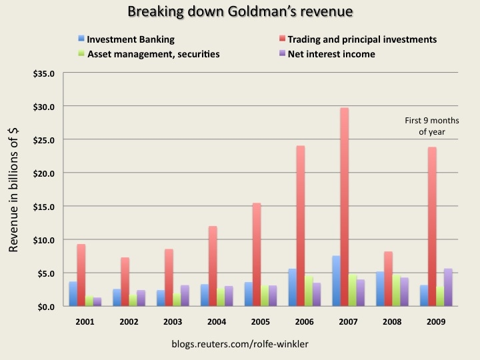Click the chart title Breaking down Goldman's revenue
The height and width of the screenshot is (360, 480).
pos(239,11)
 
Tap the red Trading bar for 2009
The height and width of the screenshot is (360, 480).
pos(432,227)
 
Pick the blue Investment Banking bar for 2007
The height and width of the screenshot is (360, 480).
pos(335,281)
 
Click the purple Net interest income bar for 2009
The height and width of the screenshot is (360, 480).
pos(448,287)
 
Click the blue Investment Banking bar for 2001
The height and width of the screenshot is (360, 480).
pos(73,294)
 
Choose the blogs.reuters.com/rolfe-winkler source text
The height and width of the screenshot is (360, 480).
pos(239,345)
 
